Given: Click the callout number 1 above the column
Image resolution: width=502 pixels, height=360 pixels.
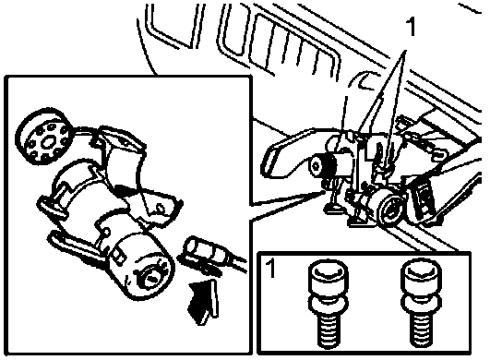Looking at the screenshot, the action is click(411, 26).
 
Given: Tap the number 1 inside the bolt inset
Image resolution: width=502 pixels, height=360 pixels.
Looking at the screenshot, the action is click(270, 268).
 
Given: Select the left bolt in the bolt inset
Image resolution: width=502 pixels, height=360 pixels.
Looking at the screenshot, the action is click(328, 305).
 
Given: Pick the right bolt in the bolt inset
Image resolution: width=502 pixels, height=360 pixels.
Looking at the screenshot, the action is click(421, 305).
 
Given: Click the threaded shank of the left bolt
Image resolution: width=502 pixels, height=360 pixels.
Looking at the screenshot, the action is click(329, 331).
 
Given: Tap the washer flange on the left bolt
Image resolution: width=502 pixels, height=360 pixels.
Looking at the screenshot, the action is click(328, 305).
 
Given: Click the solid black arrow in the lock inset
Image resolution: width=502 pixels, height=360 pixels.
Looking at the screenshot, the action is click(203, 302).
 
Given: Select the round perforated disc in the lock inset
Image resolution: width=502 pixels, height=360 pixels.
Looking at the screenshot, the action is click(44, 137).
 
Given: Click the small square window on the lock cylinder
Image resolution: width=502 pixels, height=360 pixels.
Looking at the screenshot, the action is click(119, 256).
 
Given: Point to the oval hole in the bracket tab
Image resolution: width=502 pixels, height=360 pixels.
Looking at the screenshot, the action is click(160, 209).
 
